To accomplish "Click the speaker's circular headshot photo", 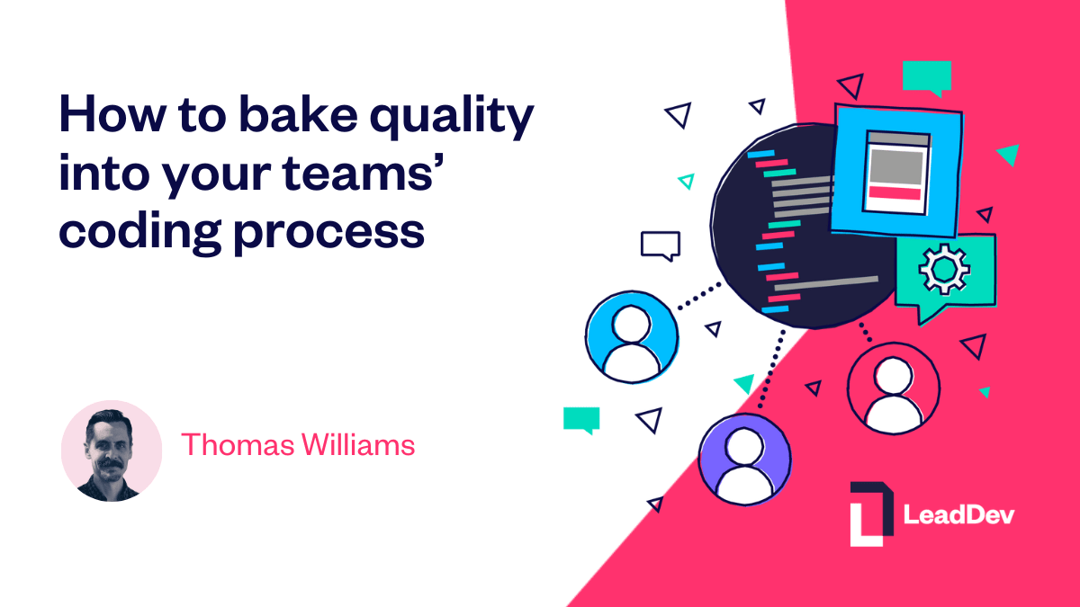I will coord(112,451).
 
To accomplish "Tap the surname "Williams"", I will coord(355,444).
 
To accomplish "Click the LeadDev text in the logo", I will coord(958,515).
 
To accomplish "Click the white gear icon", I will coord(943,267).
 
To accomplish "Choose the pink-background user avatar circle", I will coord(893,388).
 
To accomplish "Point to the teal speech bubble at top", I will coord(926,76).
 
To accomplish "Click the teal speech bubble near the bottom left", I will coord(581,419).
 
